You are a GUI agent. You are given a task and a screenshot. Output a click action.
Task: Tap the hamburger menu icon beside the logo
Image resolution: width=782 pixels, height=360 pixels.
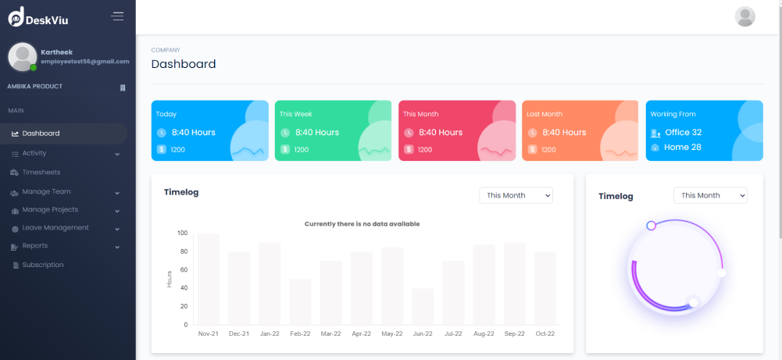point(118,16)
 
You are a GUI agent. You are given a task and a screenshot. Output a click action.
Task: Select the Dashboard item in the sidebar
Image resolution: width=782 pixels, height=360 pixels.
point(41,134)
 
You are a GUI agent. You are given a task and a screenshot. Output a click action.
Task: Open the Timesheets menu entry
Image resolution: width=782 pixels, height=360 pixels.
point(41,172)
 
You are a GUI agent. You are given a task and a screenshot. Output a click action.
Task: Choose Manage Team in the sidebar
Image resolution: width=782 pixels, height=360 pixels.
point(46,191)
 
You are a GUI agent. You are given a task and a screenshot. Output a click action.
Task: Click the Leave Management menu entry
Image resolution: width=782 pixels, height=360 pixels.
point(55,228)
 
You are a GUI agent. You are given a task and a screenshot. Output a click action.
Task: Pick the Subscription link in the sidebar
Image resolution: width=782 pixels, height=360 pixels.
point(42,265)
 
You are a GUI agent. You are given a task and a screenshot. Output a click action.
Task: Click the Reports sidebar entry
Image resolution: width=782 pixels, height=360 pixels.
point(34,246)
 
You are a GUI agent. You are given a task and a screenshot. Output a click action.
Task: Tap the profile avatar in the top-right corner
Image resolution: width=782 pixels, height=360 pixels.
point(745,16)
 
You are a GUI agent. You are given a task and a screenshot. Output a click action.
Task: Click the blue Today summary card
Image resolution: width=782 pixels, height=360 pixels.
point(209,130)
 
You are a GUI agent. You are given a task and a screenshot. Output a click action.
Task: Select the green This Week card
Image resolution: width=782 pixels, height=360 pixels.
point(333,130)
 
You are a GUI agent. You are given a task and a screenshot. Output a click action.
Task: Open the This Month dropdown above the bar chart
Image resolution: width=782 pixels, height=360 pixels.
point(516,195)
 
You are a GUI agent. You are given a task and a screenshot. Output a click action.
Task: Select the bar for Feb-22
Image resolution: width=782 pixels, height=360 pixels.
point(300,301)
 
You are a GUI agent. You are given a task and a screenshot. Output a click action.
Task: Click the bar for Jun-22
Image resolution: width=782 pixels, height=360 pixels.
point(423,306)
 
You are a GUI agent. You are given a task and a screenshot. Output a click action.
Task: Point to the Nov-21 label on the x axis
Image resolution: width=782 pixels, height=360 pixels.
point(208,333)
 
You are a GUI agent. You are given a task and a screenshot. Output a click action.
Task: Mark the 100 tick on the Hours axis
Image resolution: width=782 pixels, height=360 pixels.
point(182,233)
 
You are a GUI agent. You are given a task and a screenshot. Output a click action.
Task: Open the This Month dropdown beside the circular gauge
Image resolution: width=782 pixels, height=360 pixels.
point(710,195)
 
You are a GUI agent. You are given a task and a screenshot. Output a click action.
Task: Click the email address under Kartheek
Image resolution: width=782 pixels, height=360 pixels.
point(85,61)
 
